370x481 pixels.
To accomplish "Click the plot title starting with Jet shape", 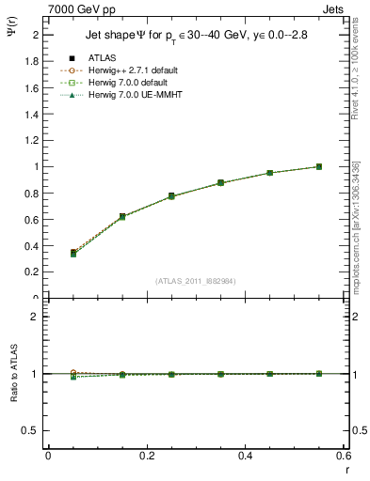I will coord(183,36).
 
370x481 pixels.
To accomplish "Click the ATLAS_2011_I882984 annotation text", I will coord(195,281).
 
